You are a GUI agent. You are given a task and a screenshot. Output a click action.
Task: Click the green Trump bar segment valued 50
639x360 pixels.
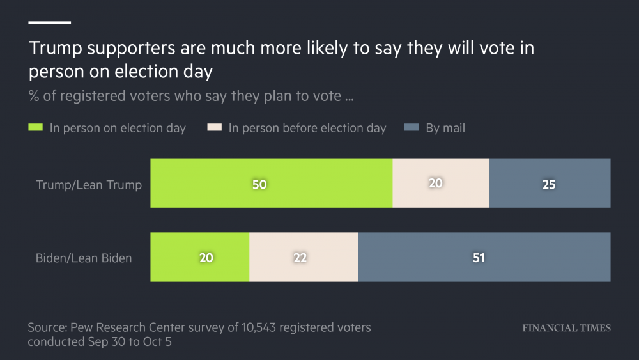tap(271, 184)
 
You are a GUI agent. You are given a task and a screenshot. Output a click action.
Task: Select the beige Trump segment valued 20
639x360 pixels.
tap(441, 184)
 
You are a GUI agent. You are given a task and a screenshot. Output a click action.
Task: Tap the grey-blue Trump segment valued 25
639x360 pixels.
tap(550, 184)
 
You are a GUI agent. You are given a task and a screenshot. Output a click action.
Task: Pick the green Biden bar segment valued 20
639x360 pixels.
tap(199, 257)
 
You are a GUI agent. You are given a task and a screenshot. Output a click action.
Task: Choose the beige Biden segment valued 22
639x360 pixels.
tap(304, 257)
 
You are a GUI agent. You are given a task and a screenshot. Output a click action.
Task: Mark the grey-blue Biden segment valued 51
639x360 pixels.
tap(484, 257)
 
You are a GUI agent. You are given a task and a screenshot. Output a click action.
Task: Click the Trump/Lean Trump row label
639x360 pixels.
tap(89, 185)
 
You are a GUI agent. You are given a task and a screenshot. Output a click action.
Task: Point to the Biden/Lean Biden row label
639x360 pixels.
tap(84, 258)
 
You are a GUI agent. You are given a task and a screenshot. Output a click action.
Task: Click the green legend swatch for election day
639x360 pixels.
tap(35, 128)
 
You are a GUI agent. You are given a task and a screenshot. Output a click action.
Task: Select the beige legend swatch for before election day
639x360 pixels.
tap(214, 128)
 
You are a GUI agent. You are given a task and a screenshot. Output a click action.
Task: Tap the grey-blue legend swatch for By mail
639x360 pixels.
tap(412, 128)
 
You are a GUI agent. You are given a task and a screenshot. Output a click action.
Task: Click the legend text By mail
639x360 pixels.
tap(445, 128)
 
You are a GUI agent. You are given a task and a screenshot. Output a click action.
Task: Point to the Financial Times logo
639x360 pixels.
tap(566, 328)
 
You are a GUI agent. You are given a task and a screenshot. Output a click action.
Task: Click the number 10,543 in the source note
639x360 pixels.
tap(259, 327)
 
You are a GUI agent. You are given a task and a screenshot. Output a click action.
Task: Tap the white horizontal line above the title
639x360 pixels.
tap(49, 22)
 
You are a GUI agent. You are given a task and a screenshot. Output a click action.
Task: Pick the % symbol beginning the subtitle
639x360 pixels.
tap(33, 97)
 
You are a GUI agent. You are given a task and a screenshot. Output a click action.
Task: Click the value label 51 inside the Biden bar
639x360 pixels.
tap(479, 258)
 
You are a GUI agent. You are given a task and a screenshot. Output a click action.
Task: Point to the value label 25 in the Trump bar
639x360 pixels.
tap(548, 185)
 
